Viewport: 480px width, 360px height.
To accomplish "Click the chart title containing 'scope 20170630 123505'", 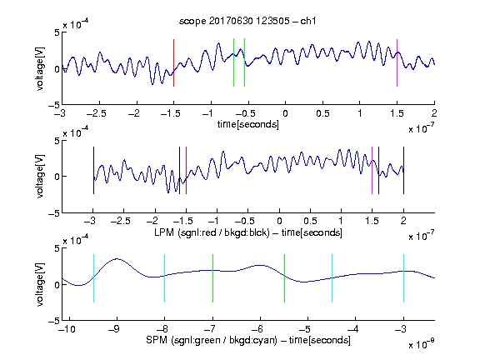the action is click(x=247, y=21).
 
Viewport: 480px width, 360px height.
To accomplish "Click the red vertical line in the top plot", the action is click(x=173, y=62).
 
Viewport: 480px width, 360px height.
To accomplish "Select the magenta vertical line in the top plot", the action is click(x=397, y=62).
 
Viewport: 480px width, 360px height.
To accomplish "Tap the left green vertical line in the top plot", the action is click(x=233, y=62).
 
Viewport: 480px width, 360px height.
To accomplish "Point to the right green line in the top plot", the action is click(x=245, y=62).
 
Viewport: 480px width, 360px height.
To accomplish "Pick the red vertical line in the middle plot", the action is click(x=186, y=171).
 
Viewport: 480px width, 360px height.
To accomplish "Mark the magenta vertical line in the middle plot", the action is click(x=372, y=171).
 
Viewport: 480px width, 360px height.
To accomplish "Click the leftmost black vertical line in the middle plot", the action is click(x=93, y=171).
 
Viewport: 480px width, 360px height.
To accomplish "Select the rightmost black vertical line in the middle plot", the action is click(x=403, y=171).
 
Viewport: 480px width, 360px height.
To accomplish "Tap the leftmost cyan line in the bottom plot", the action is click(x=93, y=278).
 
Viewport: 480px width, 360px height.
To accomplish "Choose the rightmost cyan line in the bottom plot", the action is click(x=403, y=278).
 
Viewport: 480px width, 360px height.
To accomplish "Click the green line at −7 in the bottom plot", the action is click(x=212, y=278).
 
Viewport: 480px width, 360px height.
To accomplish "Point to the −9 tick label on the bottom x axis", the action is click(x=114, y=329).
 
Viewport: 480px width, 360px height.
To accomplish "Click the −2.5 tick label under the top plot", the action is click(x=96, y=113).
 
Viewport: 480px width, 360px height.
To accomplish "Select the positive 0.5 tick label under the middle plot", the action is click(x=310, y=221).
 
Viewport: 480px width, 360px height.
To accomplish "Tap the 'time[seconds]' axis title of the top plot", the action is click(x=248, y=124).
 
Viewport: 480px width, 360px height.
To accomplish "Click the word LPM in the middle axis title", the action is click(x=164, y=232).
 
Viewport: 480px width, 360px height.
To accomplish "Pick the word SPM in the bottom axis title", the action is click(x=157, y=340).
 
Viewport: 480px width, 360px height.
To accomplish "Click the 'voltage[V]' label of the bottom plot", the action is click(x=40, y=284).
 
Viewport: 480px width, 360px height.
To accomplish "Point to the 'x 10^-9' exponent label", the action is click(x=422, y=344).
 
